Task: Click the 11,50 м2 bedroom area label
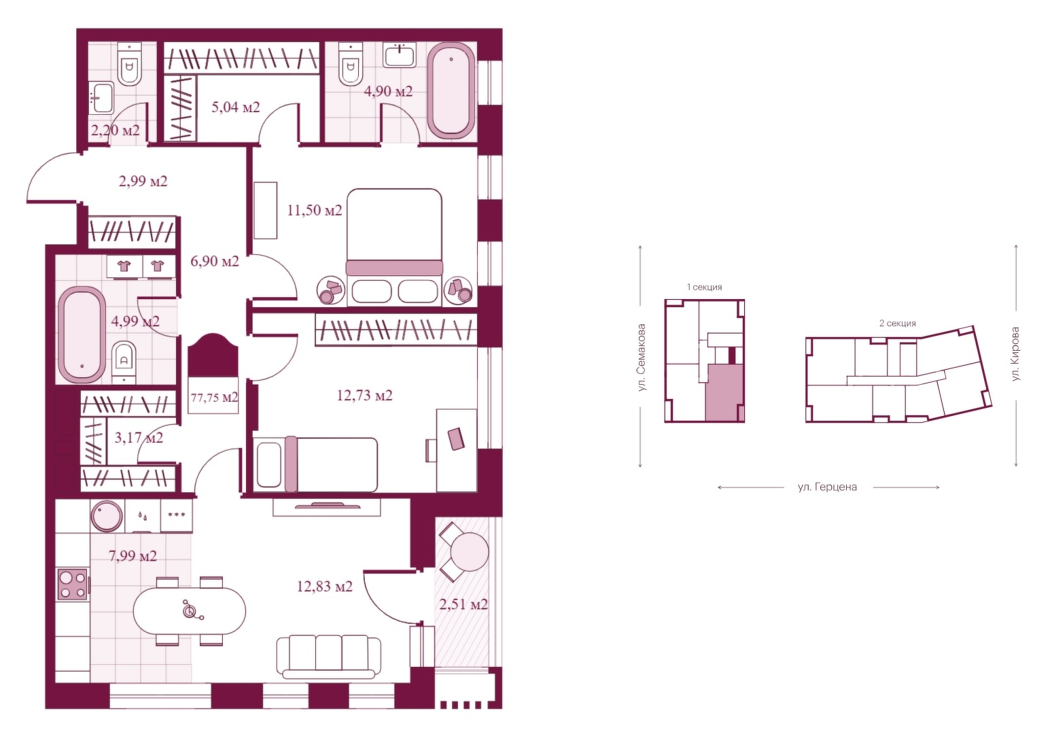click(x=315, y=211)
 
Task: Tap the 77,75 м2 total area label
click(x=214, y=398)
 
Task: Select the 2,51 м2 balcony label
click(x=463, y=604)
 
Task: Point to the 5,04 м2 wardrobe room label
click(x=235, y=107)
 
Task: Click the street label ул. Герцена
click(x=827, y=487)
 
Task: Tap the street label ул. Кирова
click(x=1015, y=354)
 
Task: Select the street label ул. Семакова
click(x=642, y=358)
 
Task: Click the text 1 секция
click(x=704, y=287)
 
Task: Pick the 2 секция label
click(x=898, y=323)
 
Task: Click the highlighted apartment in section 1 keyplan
click(x=724, y=393)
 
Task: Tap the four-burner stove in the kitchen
click(x=72, y=585)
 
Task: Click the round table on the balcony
click(x=470, y=552)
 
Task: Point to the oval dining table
click(x=190, y=612)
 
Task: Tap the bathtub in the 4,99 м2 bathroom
click(x=82, y=334)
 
